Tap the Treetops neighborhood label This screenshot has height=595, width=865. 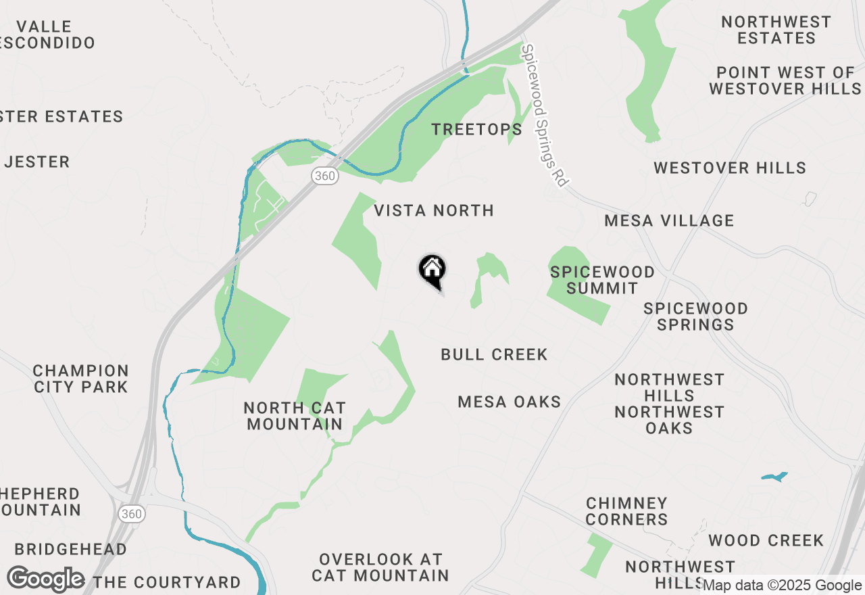(x=476, y=129)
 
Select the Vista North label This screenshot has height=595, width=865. (x=434, y=210)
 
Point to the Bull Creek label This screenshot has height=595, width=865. (x=494, y=354)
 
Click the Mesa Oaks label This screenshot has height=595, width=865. (x=510, y=402)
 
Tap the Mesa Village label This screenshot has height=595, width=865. (x=669, y=220)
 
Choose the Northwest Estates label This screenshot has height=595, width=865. (x=776, y=30)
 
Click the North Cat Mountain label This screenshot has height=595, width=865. (x=295, y=416)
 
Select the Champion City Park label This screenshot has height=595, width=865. (x=81, y=379)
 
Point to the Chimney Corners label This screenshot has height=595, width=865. (x=627, y=511)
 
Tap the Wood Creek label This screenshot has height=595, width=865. (x=766, y=540)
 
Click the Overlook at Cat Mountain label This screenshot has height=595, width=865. (x=380, y=567)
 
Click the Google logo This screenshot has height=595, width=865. (x=45, y=579)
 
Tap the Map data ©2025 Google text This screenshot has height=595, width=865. (x=783, y=586)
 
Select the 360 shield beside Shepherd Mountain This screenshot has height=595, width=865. (x=132, y=514)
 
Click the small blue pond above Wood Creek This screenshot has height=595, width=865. (x=774, y=477)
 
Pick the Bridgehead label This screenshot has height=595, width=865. (x=70, y=549)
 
